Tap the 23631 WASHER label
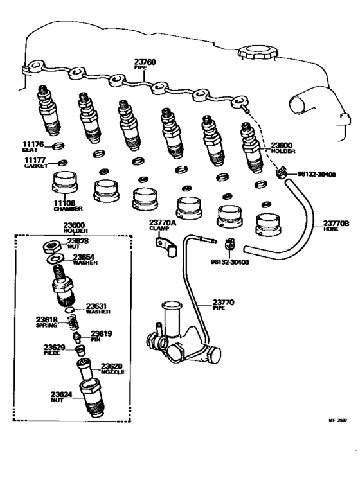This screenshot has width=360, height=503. pos(98,308)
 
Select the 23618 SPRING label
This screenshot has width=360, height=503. pos(47,321)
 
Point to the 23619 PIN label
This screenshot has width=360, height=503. pos(101,335)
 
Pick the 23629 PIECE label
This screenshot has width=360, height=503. pos(53,349)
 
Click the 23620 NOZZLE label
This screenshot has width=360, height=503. pos(111,368)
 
